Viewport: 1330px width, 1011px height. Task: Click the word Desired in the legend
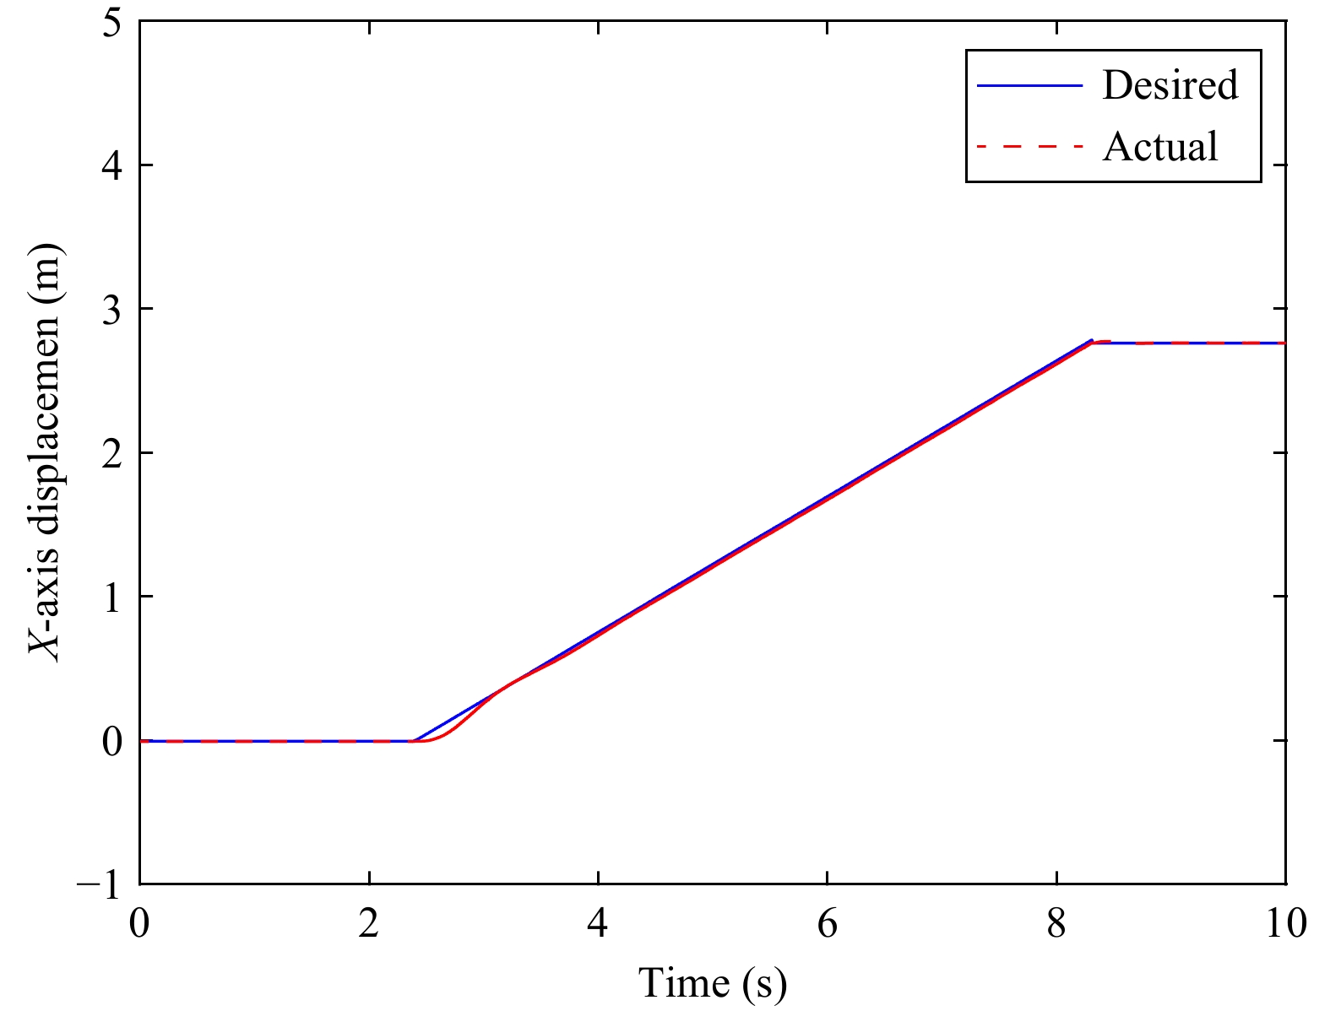1170,85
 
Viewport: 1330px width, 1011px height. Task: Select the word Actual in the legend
1160,147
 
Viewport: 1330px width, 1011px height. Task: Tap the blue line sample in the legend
1029,85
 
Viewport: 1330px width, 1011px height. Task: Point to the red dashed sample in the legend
1029,147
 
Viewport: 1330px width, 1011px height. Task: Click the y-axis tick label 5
111,22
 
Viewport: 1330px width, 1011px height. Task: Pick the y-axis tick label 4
111,165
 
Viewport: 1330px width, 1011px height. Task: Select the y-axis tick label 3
111,309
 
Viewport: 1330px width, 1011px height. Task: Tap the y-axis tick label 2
111,453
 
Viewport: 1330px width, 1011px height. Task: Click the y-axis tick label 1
111,597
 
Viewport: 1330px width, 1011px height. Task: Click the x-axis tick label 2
369,923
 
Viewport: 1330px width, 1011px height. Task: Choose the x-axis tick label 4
598,923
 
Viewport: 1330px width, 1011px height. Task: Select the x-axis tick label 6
828,923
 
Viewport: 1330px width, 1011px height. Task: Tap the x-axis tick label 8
1056,923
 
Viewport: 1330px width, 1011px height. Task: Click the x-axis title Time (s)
712,983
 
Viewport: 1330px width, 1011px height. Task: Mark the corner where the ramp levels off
1092,342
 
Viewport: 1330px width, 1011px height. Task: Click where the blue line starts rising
413,740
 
